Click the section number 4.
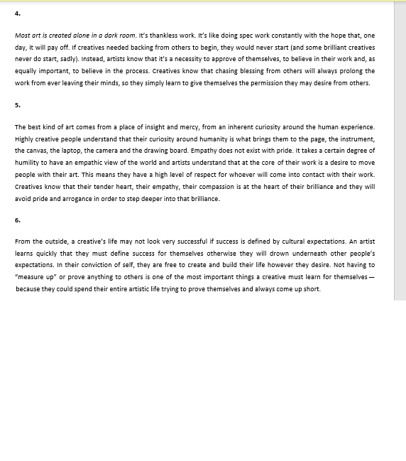click(17, 12)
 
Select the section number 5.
click(17, 104)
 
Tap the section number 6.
click(17, 219)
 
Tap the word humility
click(31, 163)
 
